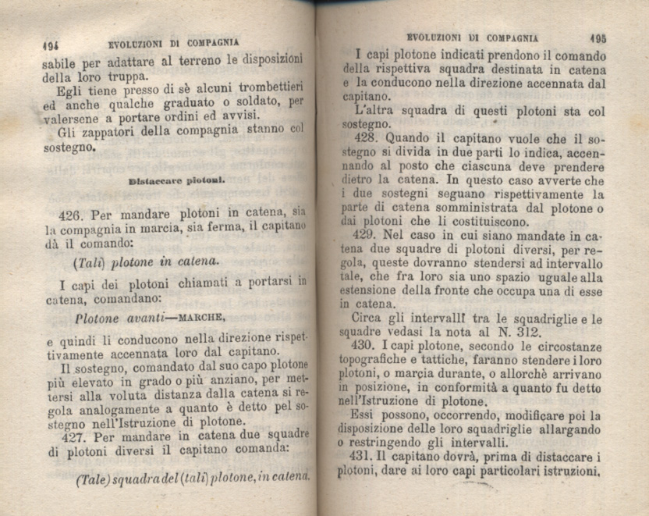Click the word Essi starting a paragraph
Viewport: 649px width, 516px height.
365,415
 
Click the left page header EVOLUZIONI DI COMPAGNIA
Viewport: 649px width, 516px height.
174,42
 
